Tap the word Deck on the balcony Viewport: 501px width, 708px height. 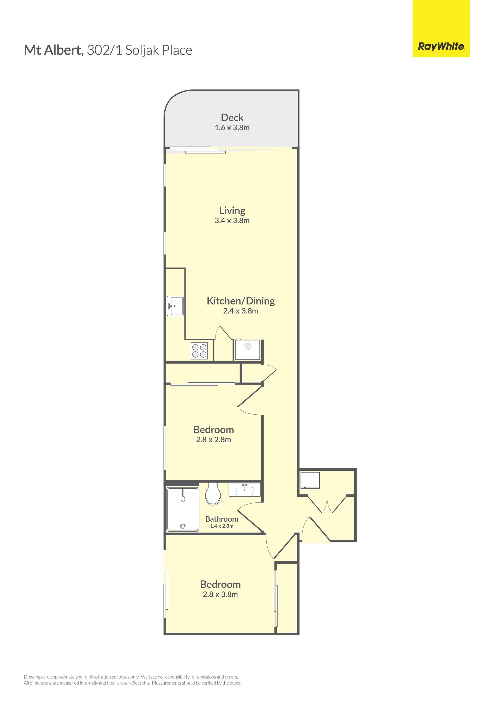pyautogui.click(x=232, y=118)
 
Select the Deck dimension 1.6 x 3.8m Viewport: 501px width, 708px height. pyautogui.click(x=232, y=128)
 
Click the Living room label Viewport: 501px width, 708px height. pyautogui.click(x=232, y=211)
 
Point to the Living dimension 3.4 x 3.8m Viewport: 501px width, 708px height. pyautogui.click(x=232, y=221)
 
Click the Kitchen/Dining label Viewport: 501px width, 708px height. pyautogui.click(x=241, y=301)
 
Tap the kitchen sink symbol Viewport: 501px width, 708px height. pyautogui.click(x=175, y=306)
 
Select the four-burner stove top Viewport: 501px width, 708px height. pyautogui.click(x=199, y=351)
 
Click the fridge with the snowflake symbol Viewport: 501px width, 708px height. pyautogui.click(x=248, y=350)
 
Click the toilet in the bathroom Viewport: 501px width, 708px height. pyautogui.click(x=213, y=494)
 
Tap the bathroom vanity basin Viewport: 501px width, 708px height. pyautogui.click(x=245, y=490)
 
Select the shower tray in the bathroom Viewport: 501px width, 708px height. pyautogui.click(x=183, y=509)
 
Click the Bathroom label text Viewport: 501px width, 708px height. pyautogui.click(x=222, y=519)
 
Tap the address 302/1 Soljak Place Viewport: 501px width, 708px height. pyautogui.click(x=139, y=51)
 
